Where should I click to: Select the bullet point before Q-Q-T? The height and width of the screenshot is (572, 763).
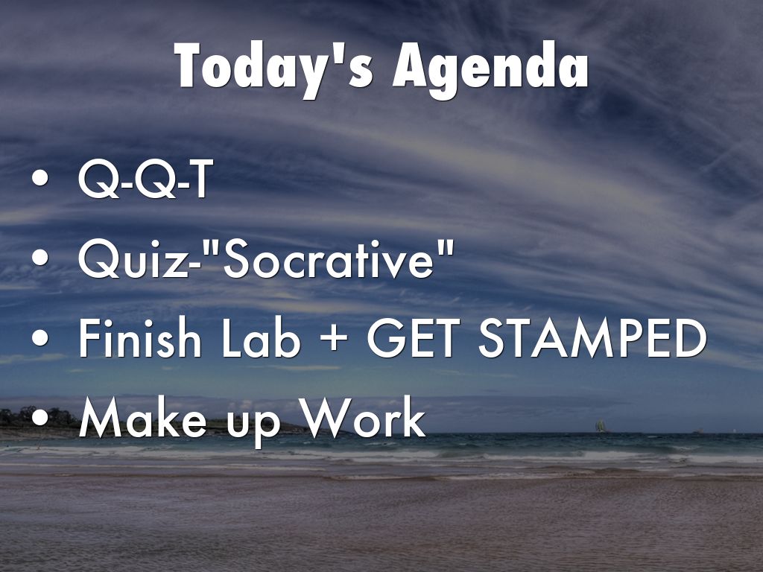coord(40,178)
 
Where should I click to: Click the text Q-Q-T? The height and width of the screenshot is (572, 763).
coord(145,179)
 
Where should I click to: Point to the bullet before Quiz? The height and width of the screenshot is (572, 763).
coord(40,258)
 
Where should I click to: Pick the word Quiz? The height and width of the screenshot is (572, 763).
coord(131,259)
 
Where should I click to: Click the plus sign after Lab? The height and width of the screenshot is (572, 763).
coord(334,339)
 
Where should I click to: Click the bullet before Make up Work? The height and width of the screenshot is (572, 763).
coord(40,417)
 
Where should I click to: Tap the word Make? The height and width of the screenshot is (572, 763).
coord(142,417)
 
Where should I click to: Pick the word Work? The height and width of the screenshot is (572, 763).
coord(363,417)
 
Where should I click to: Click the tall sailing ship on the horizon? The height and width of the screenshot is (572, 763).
coord(601,426)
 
